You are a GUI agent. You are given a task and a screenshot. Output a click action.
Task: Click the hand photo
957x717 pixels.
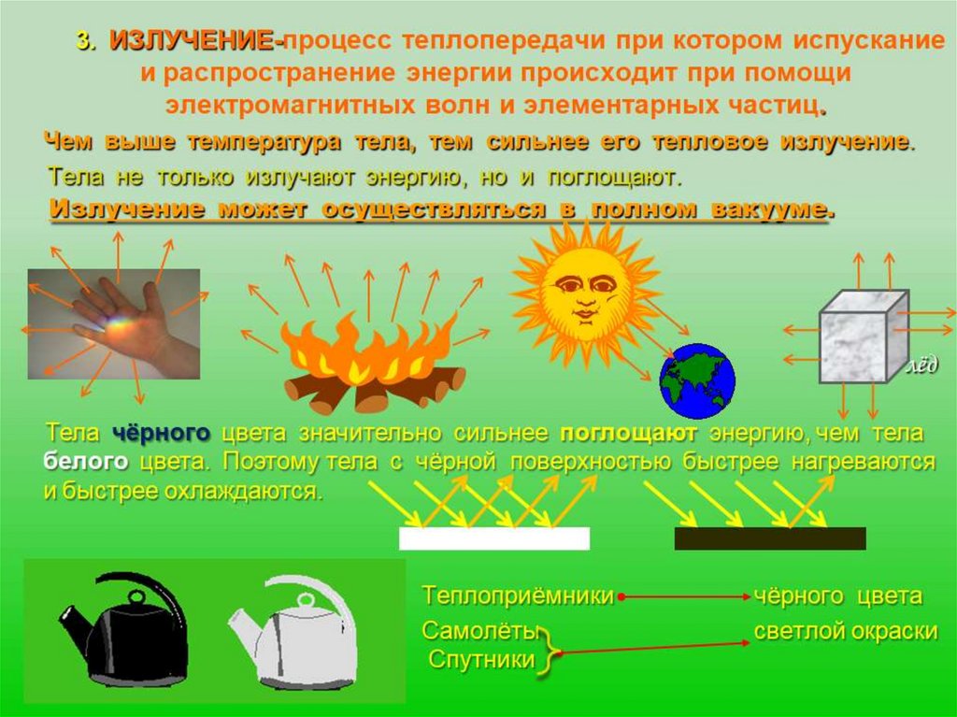pos(114,323)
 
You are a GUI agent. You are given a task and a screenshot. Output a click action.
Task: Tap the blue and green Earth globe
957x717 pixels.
pos(697,380)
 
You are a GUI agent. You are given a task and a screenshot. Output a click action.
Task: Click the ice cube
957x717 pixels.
pos(864,337)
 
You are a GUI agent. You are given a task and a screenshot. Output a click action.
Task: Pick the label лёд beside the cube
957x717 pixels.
pos(922,366)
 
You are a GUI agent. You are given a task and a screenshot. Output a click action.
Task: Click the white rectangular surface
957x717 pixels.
pos(494,538)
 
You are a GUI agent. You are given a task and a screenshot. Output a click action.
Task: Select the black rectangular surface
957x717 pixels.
pos(770,538)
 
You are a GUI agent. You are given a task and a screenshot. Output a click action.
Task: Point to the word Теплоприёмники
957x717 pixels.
pos(518,595)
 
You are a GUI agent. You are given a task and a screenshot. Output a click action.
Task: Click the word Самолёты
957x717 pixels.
pos(479,631)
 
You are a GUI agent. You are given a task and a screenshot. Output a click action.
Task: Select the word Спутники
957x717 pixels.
pos(481,660)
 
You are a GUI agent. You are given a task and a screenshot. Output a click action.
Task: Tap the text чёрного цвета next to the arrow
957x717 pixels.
pos(838,595)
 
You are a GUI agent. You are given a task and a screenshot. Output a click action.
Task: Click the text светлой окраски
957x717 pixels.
pos(845,632)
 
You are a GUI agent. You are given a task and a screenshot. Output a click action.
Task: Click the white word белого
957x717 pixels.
pos(85,461)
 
